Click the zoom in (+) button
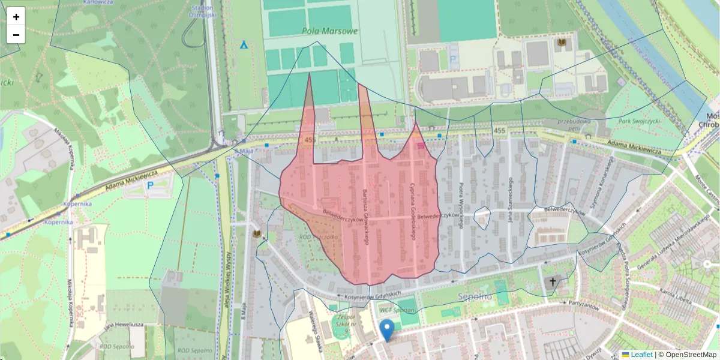[x=16, y=17]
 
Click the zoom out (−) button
[x=16, y=35]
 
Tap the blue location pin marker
[x=388, y=329]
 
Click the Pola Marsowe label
[x=331, y=31]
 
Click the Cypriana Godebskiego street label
[x=413, y=210]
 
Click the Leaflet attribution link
[x=641, y=355]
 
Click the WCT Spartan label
[x=398, y=310]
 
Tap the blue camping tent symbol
[x=244, y=44]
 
